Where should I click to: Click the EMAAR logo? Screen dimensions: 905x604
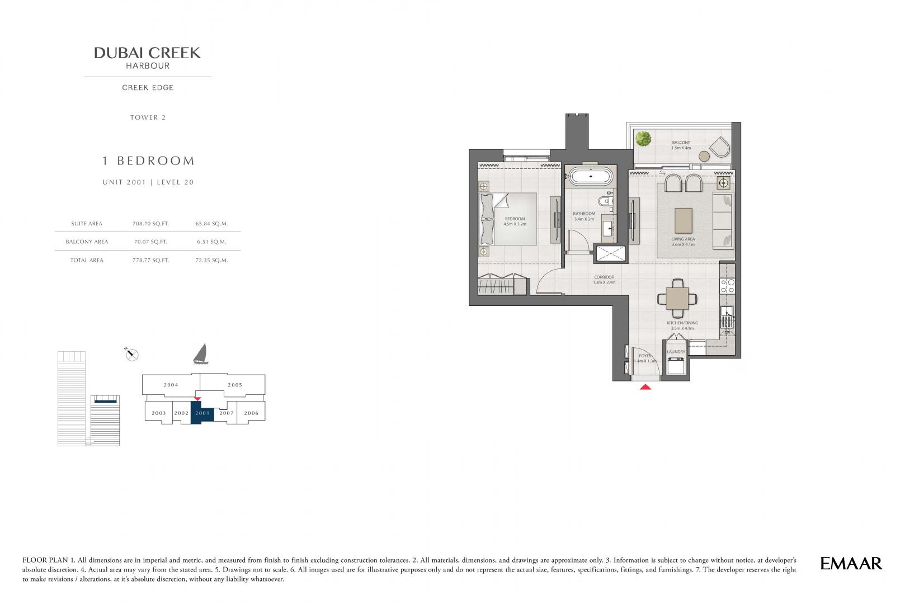851,564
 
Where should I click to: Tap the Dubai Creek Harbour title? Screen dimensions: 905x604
148,58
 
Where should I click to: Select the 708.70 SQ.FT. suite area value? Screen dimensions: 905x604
150,223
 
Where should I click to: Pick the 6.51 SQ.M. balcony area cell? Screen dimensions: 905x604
211,242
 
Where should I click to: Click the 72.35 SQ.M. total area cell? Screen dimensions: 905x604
211,260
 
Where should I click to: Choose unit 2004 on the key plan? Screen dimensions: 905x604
171,385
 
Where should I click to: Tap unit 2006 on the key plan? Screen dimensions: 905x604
251,413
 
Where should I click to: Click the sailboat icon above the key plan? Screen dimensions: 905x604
201,354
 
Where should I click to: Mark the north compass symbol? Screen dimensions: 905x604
131,354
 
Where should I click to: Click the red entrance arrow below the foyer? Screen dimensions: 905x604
645,386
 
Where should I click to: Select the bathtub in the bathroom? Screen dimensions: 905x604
591,177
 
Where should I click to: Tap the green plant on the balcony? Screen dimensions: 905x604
643,139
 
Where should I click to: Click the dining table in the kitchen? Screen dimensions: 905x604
677,299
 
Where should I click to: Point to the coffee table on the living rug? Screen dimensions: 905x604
684,220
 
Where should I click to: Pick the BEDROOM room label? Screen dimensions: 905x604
515,219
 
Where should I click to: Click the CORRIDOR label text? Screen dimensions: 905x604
604,277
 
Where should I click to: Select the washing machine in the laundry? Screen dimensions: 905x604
676,366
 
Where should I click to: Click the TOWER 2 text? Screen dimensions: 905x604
148,117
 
